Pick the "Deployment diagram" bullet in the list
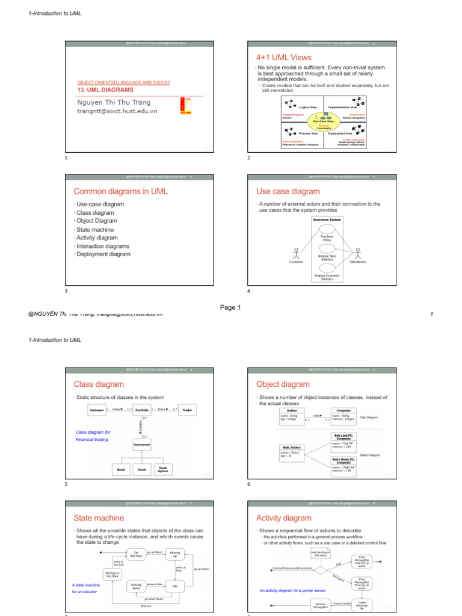click(x=103, y=254)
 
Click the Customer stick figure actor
click(x=296, y=254)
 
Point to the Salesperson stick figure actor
click(x=357, y=253)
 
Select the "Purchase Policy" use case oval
click(x=327, y=237)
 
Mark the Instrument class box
click(x=142, y=445)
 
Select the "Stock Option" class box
click(x=162, y=469)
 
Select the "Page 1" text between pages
click(x=230, y=307)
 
